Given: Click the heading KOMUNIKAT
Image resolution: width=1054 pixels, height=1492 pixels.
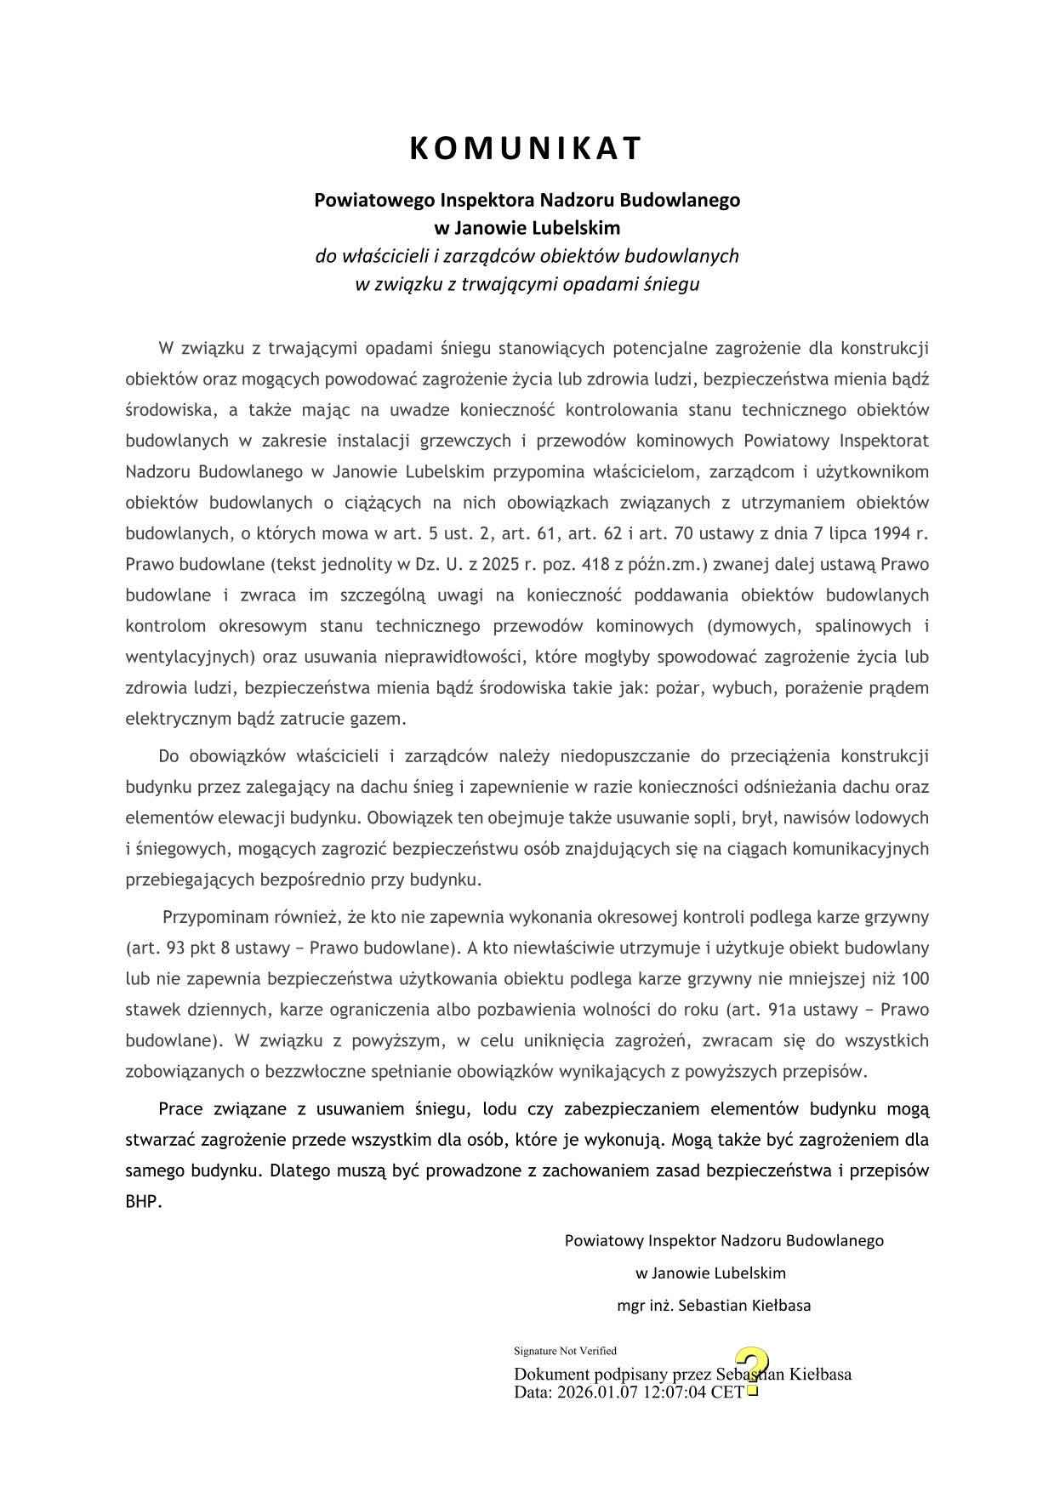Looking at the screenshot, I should (526, 149).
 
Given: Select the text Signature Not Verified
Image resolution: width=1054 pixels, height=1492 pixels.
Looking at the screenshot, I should (565, 1351).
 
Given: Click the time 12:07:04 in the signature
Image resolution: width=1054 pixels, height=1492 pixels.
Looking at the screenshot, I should (675, 1392).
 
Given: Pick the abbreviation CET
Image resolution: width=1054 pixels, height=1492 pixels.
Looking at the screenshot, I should (727, 1392).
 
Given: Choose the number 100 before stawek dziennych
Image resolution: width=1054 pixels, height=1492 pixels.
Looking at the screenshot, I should (915, 979).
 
